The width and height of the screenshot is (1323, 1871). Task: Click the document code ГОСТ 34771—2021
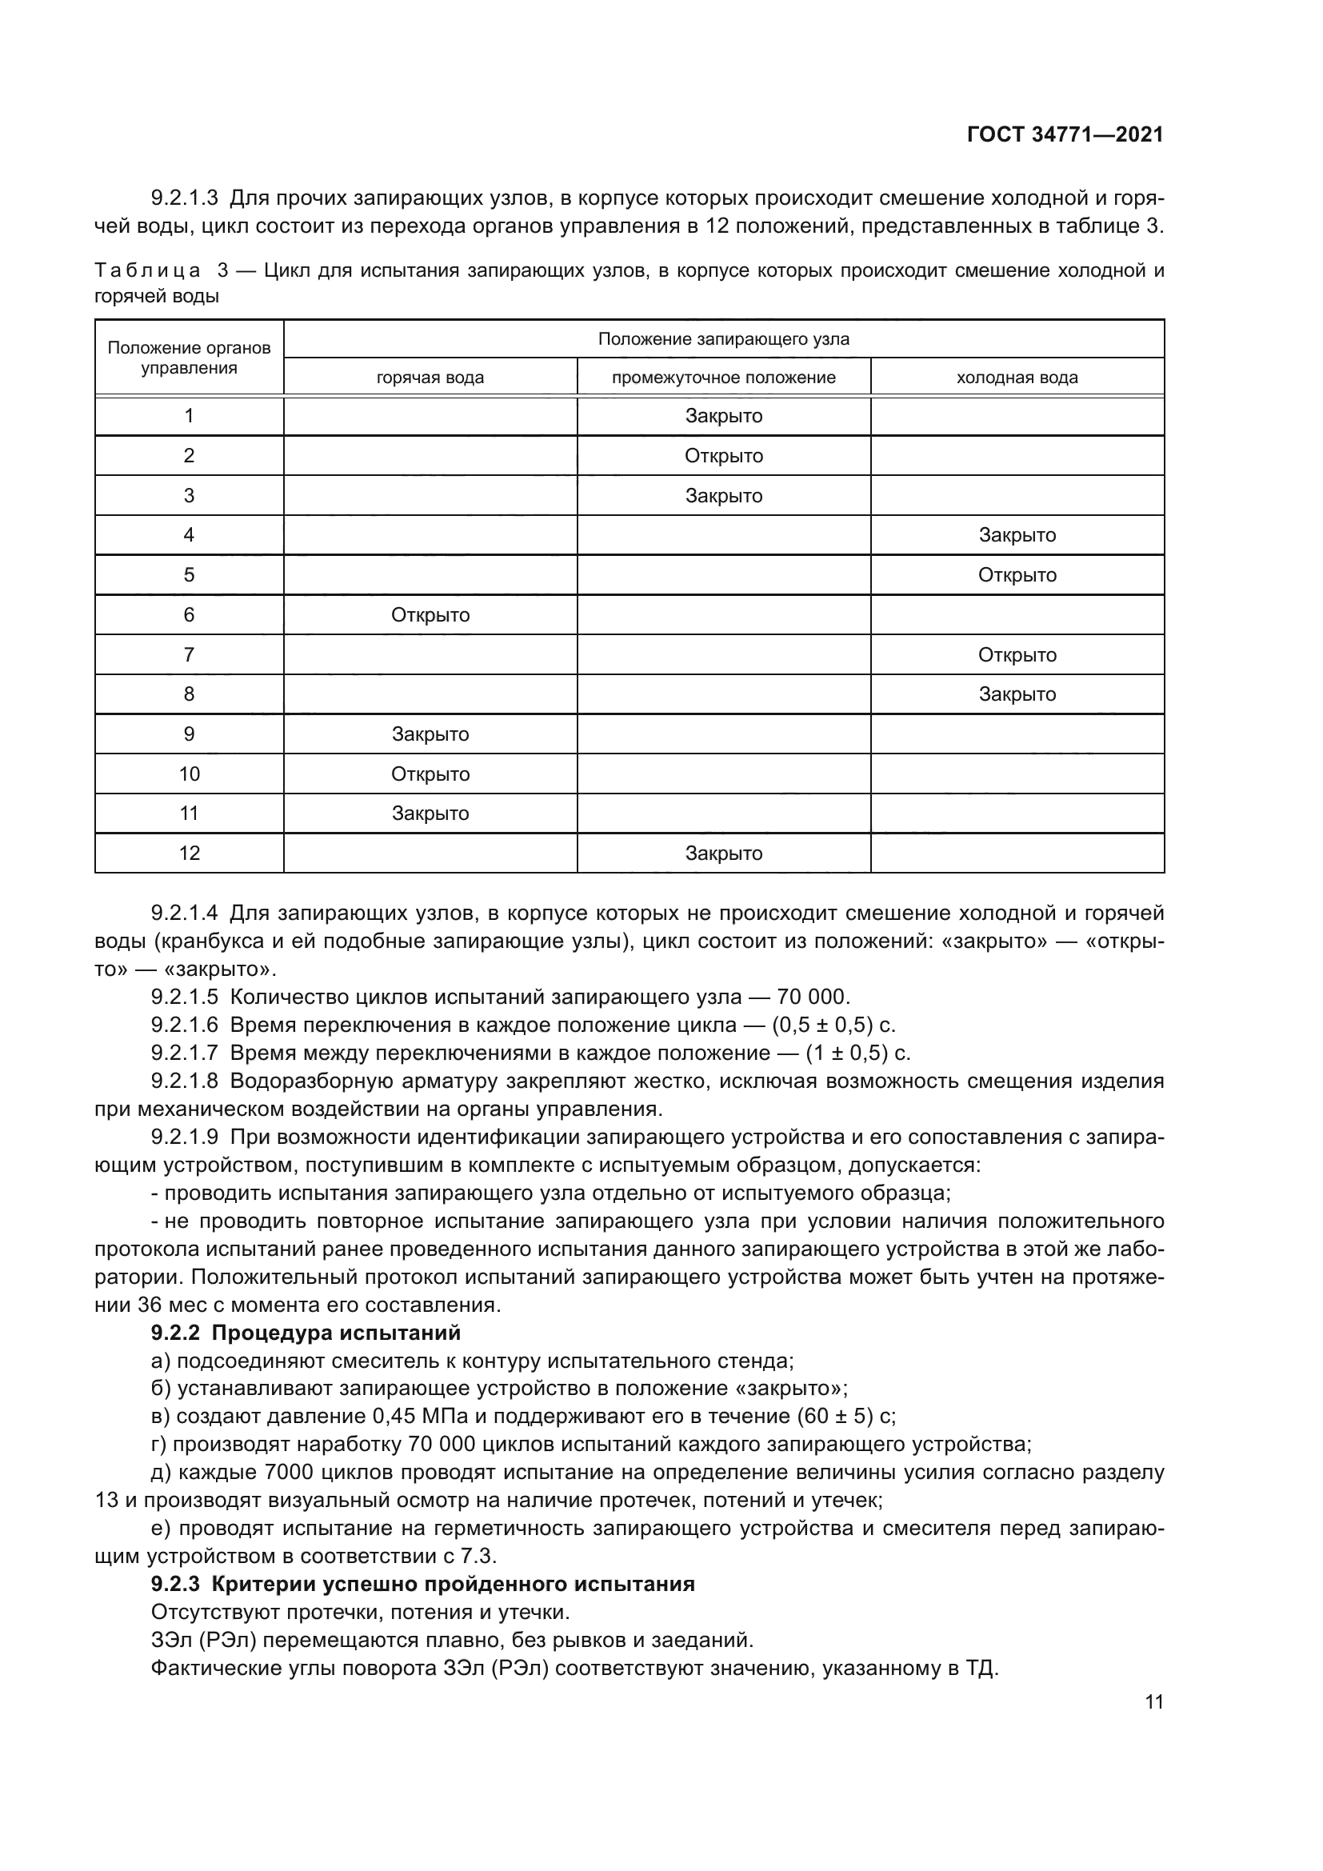pos(1065,135)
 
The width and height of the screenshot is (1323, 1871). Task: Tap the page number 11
pos(1153,1701)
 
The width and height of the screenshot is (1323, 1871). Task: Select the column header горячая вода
pos(430,378)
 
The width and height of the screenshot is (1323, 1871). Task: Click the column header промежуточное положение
pos(723,378)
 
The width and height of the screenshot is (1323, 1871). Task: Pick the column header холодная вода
pos(1017,378)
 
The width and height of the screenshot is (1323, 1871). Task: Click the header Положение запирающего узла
pos(723,339)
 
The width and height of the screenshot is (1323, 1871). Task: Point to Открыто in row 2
pos(723,456)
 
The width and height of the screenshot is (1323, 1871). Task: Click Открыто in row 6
pos(430,615)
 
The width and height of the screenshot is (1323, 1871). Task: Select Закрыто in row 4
pos(1017,535)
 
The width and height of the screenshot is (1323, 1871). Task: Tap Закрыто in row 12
pos(723,854)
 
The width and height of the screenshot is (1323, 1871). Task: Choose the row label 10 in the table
pos(189,774)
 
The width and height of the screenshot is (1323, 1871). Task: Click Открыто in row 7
pos(1017,655)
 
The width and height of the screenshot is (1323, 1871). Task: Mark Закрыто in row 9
pos(430,734)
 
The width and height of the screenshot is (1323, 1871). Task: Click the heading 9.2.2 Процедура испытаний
pos(306,1333)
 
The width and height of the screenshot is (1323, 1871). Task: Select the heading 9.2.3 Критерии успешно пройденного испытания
pos(423,1584)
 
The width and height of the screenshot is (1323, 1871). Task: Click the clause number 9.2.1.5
pos(185,997)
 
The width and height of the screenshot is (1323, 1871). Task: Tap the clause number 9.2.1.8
pos(185,1081)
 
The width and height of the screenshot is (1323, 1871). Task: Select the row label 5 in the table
pos(189,575)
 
